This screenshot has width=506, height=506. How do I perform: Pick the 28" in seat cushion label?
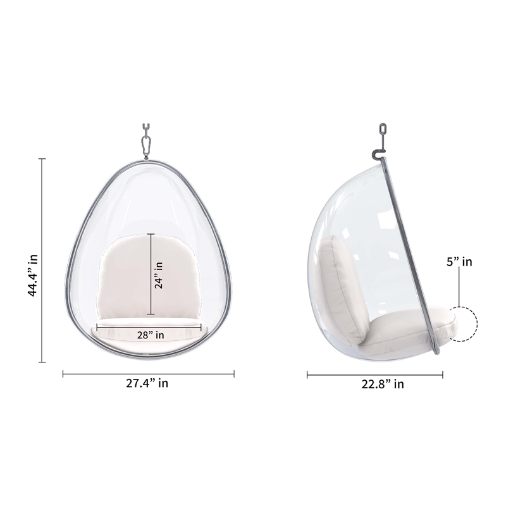coord(151,335)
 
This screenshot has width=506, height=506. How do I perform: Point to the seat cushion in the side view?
coord(405,332)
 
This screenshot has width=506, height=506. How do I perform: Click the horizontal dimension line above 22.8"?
coord(374,374)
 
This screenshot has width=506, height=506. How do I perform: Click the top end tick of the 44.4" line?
coord(43,159)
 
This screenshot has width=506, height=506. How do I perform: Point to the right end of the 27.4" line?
coord(234,373)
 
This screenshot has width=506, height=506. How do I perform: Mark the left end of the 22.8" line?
coord(307,374)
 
